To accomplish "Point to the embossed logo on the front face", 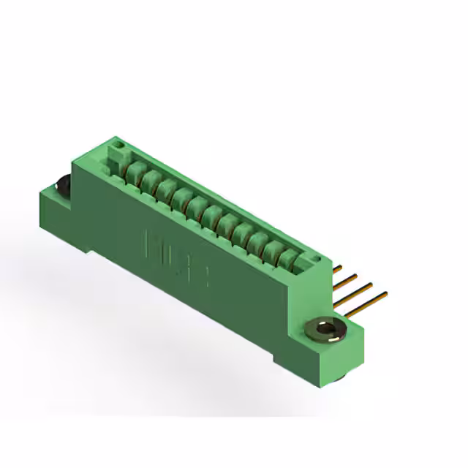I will (178, 258).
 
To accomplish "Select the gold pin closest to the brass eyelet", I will (366, 303).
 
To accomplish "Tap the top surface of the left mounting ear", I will (53, 192).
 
